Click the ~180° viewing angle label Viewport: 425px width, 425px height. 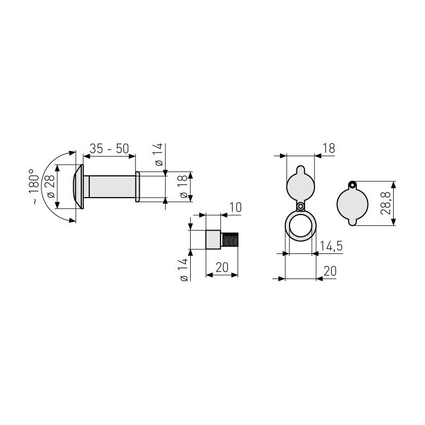point(34,186)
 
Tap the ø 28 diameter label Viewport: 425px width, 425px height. point(50,187)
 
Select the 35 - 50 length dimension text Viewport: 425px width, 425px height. point(109,149)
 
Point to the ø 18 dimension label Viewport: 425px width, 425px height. point(183,186)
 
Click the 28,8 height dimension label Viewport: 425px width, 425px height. point(385,203)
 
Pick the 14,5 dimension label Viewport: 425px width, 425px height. point(331,246)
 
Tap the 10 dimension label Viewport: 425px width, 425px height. point(235,208)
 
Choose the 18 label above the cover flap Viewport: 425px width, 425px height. point(329,149)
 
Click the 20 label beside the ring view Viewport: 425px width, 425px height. point(330,271)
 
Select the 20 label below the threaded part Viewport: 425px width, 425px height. point(222,268)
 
